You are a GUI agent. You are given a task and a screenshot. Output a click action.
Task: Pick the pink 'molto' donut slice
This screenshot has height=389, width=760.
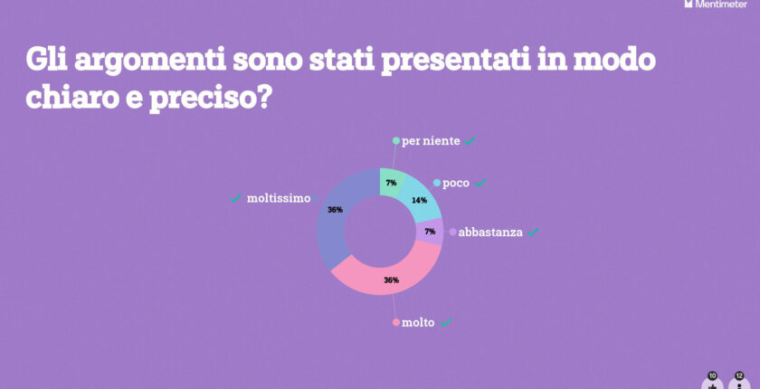pos(389,275)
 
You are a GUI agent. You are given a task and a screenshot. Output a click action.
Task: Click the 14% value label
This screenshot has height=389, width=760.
pos(418,200)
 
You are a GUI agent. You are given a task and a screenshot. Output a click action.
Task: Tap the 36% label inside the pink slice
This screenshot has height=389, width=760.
pos(391,280)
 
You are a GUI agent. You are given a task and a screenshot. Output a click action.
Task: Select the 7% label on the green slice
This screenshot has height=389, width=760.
pos(392,183)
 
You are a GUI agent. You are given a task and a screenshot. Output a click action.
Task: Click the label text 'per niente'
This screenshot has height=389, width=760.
pos(431,141)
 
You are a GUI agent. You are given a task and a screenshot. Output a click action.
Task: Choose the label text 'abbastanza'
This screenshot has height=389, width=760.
pos(490,232)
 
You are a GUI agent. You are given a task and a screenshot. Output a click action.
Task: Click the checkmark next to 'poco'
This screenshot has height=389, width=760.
pos(481,183)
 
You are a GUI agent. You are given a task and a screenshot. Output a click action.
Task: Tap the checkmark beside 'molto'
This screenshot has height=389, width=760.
pos(445,323)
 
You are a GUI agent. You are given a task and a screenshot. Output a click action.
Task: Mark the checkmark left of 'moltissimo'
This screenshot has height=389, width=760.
pos(236,198)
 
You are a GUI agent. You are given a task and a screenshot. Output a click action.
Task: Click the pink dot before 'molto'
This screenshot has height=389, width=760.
pos(395,323)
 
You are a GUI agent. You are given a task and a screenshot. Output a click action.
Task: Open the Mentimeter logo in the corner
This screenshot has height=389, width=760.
pos(719,5)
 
